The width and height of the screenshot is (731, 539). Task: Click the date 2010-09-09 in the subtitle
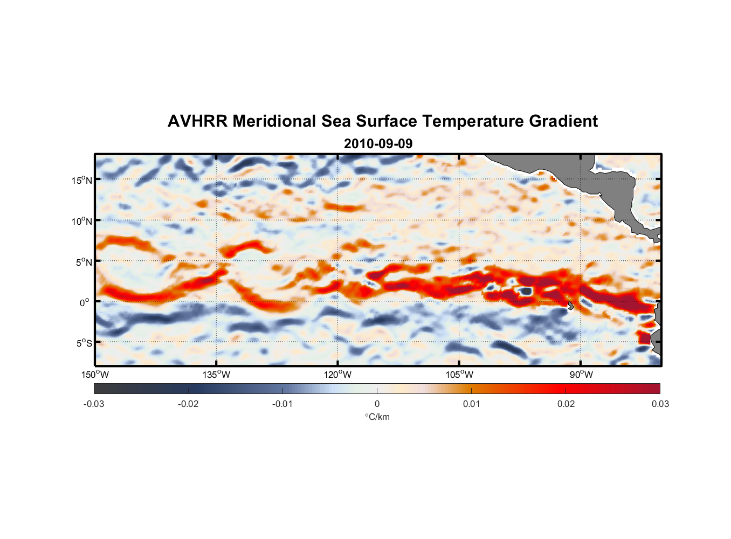point(378,144)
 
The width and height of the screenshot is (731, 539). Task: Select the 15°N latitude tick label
point(82,180)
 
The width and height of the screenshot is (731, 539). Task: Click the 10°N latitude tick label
point(82,221)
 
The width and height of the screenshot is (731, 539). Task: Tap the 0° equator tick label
point(85,302)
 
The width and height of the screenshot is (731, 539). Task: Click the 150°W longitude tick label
point(95,375)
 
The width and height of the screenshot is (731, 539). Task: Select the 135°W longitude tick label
point(217,375)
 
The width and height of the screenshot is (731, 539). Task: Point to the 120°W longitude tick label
point(338,375)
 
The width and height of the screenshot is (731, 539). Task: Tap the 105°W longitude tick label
point(459,375)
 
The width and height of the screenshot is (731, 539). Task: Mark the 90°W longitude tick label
point(581,375)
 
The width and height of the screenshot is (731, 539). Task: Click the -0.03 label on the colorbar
point(94,404)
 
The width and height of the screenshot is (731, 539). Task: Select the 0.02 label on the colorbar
point(566,404)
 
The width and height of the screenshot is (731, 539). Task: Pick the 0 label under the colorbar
point(377,404)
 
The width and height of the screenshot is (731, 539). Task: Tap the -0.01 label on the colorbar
point(282,404)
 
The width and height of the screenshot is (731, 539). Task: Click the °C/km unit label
point(377,417)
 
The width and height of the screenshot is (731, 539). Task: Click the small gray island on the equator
point(571,305)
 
